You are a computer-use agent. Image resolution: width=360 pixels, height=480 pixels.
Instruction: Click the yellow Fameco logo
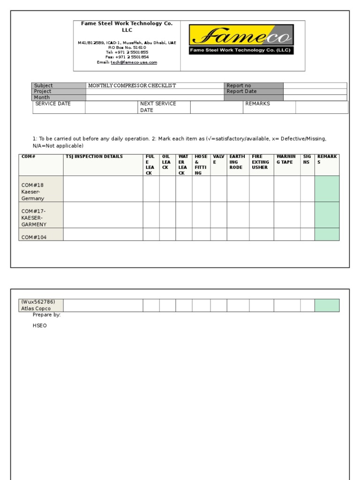point(241,39)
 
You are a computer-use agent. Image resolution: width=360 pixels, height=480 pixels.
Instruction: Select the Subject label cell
point(59,85)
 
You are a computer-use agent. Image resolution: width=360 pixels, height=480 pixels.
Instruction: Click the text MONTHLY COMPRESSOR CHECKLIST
point(132,85)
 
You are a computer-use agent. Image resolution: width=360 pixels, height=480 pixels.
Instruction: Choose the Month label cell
point(59,97)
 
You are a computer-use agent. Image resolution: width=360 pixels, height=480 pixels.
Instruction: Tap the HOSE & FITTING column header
point(201,165)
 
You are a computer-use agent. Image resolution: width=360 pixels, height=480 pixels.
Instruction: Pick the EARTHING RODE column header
point(237,162)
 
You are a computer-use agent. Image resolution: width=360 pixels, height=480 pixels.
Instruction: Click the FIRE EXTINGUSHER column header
point(261,162)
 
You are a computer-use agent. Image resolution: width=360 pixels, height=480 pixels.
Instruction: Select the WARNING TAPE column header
point(286,159)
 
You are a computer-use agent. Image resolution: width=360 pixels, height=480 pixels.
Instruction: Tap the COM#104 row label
point(34,237)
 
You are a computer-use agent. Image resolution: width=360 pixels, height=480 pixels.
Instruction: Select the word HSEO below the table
point(39,325)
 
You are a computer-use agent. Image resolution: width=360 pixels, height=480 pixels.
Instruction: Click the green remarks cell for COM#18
point(327,188)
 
